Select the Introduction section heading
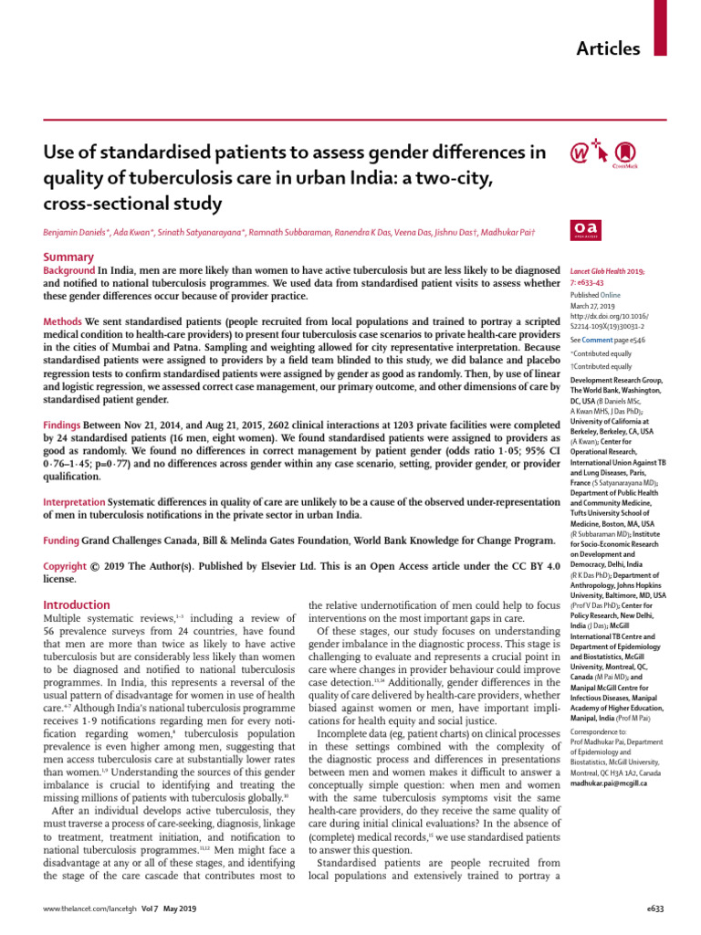78,604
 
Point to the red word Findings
65,425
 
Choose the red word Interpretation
75,502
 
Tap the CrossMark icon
625,152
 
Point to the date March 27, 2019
594,309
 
